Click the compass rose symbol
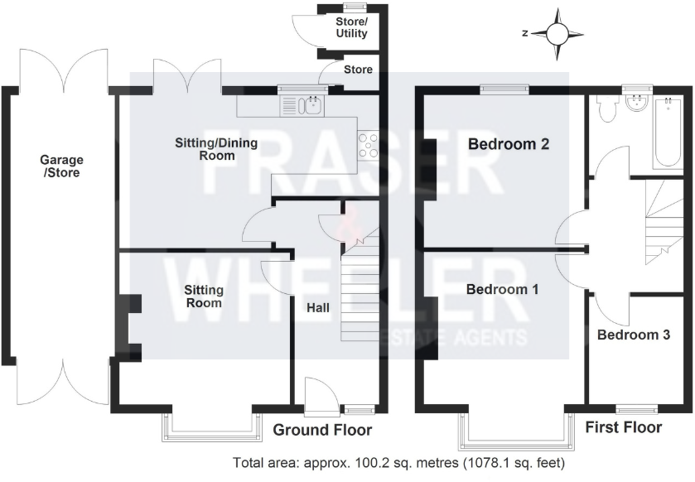click(x=557, y=33)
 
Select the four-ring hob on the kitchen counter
click(x=369, y=145)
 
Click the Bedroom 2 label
click(x=509, y=144)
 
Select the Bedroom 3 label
click(x=634, y=335)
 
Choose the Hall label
click(x=319, y=308)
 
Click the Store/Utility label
click(x=351, y=29)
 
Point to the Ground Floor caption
click(x=322, y=431)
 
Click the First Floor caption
click(x=624, y=427)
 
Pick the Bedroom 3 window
click(x=636, y=407)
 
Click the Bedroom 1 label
click(x=503, y=290)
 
